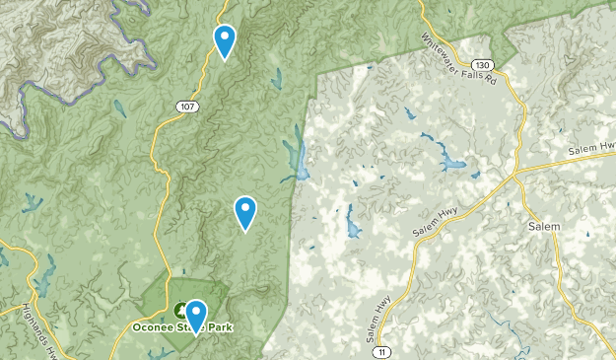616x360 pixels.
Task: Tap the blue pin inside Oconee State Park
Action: tap(196, 317)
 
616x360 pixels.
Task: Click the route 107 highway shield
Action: tap(184, 105)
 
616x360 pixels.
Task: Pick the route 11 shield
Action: tap(381, 350)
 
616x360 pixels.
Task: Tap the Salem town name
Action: tap(543, 226)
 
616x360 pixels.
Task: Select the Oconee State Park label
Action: tap(184, 326)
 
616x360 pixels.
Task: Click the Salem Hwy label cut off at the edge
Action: tap(592, 149)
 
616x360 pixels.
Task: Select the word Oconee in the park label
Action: tap(155, 326)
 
